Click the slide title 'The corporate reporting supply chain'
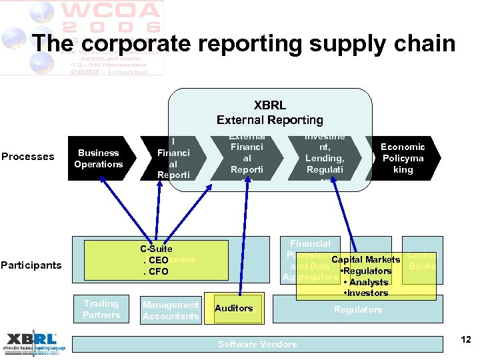tap(243, 43)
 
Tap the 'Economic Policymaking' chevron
tap(403, 159)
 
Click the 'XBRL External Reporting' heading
tap(269, 113)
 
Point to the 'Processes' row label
tap(28, 157)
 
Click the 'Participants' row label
tap(31, 265)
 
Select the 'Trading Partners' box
tap(101, 309)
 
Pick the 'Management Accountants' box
tap(170, 311)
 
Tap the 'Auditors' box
tap(234, 309)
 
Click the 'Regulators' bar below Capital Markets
tap(358, 310)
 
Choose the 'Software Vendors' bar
tap(257, 344)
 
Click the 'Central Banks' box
tap(422, 261)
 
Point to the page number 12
tap(466, 340)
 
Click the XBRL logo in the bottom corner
tap(33, 342)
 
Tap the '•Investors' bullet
tap(367, 293)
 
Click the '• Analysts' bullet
tap(365, 282)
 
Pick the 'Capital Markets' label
tap(365, 259)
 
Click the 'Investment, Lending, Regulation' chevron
tap(325, 159)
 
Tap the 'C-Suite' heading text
tap(157, 249)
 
